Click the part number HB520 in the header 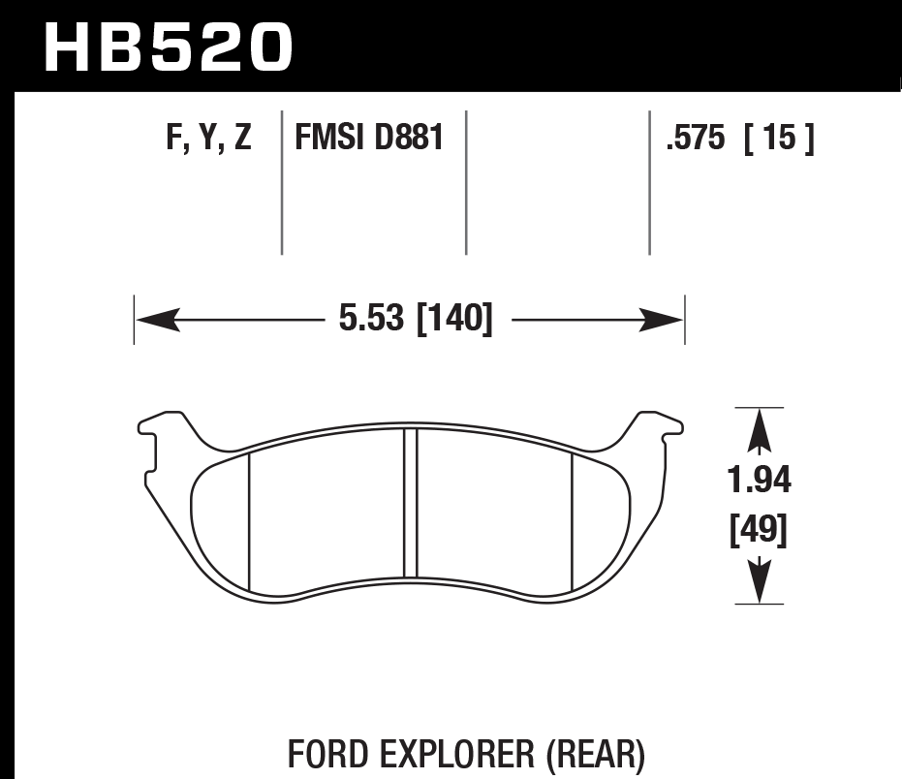point(168,47)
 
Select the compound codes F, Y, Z point(208,139)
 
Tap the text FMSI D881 point(369,139)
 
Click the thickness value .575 point(696,140)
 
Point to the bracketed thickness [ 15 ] point(778,140)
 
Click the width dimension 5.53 point(371,319)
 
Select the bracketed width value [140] point(454,319)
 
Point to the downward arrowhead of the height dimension point(760,583)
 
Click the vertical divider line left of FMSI point(281,184)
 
